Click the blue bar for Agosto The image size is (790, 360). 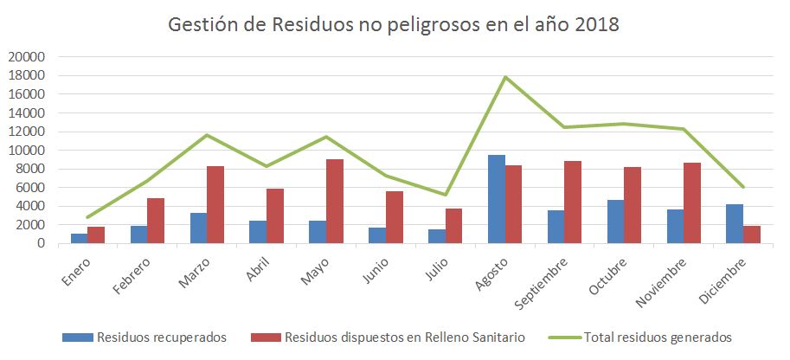click(x=496, y=199)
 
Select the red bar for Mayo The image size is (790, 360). click(x=333, y=202)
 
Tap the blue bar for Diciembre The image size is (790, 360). click(x=735, y=223)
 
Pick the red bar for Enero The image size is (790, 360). click(x=95, y=235)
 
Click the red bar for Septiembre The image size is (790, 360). click(x=572, y=202)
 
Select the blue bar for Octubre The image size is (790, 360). click(x=615, y=222)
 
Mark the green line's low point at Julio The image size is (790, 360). click(x=445, y=195)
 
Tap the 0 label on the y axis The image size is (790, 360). click(x=40, y=243)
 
